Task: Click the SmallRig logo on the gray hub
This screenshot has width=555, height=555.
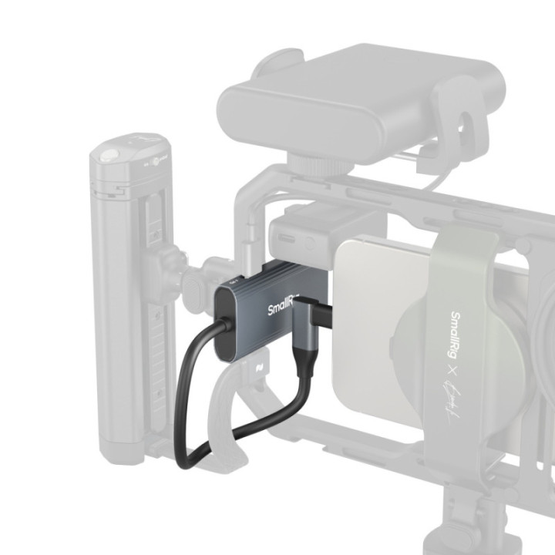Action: [x=282, y=305]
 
